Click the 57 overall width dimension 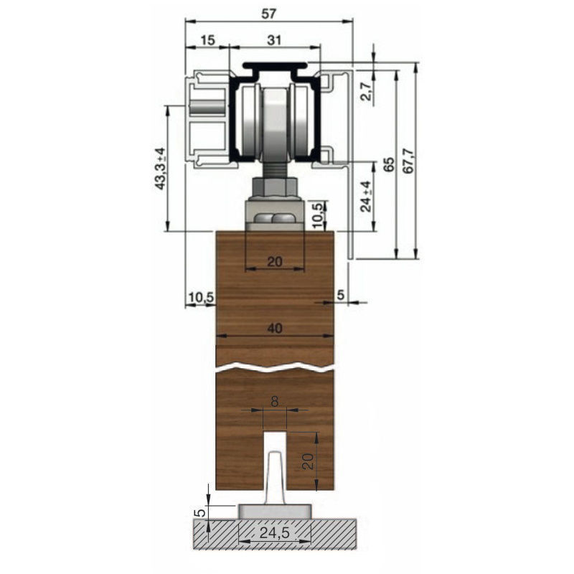point(268,14)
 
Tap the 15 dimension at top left point(207,40)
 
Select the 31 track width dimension point(274,40)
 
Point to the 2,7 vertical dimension point(368,91)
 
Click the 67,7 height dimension point(408,161)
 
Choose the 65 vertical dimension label point(390,164)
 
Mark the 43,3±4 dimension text point(160,169)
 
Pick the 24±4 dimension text point(366,197)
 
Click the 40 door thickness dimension point(275,328)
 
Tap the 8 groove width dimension point(275,402)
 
